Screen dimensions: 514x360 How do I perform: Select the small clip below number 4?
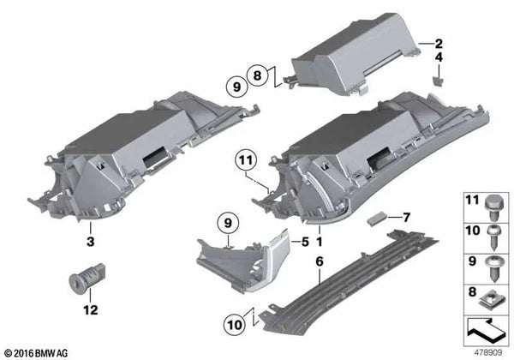439,81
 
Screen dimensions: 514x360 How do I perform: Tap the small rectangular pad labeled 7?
376,219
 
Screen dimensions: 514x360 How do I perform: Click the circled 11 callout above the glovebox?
246,160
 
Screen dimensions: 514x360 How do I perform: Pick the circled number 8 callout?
258,75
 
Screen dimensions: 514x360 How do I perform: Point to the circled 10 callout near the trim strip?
234,325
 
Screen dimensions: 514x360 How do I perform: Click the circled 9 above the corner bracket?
228,223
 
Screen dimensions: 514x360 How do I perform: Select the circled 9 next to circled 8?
236,87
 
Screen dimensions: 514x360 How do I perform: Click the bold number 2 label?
439,44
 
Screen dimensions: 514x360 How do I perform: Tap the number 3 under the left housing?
91,242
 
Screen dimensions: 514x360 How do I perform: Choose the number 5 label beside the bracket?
305,242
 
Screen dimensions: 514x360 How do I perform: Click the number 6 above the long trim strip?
320,261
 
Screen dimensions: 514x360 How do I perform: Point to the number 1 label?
319,242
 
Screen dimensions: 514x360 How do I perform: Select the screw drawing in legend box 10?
494,237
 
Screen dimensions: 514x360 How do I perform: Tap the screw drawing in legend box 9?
494,268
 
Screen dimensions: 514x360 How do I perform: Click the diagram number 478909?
488,353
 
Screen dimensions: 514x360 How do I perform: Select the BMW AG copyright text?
37,353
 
